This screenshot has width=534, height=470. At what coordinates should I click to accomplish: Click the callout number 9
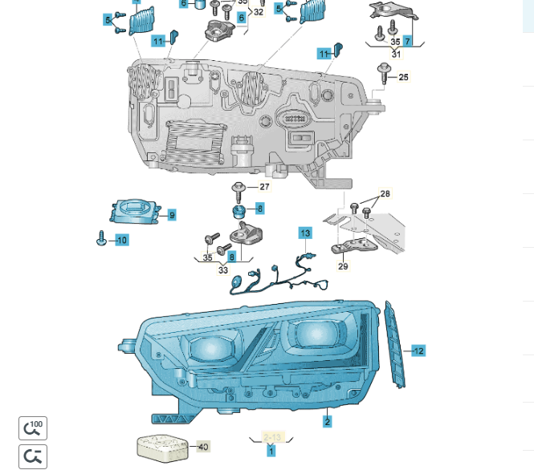172,214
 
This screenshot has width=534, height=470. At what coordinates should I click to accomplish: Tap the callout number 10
121,240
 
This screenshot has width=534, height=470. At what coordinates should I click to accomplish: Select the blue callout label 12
418,350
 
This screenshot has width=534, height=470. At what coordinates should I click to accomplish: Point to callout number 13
305,233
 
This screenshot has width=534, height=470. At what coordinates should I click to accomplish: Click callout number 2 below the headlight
328,421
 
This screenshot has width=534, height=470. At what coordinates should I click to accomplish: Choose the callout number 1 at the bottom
271,452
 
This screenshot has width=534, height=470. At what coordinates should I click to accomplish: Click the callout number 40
203,447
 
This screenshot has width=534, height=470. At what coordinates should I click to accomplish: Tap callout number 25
404,77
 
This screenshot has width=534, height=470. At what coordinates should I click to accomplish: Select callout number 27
264,186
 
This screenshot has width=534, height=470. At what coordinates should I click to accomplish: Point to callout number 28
385,194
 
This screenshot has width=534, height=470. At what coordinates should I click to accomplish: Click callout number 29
343,265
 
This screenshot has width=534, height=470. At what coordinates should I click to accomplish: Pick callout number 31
396,54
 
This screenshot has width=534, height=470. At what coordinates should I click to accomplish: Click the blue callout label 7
408,41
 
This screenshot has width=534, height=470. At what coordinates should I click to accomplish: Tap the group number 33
223,270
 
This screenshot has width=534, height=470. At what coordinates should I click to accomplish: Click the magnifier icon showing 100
33,428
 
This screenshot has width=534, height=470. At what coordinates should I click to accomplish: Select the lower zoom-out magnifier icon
33,456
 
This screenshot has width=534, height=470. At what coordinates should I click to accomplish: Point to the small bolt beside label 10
102,238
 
